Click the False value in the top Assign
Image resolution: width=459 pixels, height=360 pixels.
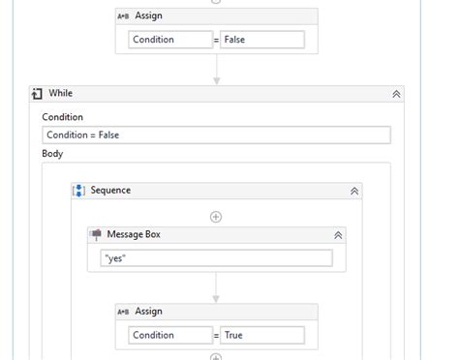261,40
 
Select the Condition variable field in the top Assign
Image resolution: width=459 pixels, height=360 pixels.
168,40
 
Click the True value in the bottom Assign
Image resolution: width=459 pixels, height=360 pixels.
261,335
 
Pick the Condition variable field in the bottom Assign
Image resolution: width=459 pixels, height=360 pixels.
168,335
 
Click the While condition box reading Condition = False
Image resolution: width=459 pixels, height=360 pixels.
215,135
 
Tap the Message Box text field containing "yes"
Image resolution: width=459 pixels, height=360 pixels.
216,258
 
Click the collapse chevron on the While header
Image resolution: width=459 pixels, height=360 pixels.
396,94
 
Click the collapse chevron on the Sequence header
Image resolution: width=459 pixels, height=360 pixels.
354,192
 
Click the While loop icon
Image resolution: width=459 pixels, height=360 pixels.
37,94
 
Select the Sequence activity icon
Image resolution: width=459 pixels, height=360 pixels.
79,192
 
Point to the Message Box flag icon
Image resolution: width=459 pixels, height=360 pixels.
97,234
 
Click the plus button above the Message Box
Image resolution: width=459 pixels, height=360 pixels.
216,216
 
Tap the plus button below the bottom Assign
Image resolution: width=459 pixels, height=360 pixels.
216,356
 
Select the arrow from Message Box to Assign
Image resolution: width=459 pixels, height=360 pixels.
216,287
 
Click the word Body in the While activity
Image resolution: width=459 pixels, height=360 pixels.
52,154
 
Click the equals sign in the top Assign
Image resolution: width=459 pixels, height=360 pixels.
215,40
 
